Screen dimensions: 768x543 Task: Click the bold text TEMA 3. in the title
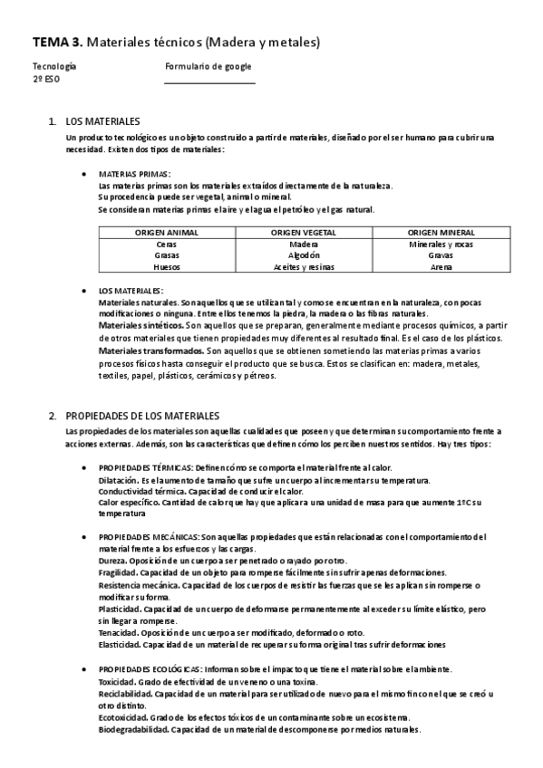click(58, 42)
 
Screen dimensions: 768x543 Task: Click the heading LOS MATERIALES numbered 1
click(103, 120)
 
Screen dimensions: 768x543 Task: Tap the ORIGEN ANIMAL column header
click(167, 233)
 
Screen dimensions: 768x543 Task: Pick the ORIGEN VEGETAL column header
click(304, 233)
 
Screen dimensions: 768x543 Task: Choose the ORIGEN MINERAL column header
click(441, 233)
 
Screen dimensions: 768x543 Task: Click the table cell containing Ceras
click(167, 245)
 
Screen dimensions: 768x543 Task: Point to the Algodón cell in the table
click(304, 255)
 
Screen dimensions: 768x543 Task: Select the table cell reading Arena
click(441, 267)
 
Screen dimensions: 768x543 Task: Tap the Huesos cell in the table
click(167, 267)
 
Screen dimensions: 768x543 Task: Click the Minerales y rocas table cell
click(441, 245)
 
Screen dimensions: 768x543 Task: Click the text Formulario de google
click(208, 66)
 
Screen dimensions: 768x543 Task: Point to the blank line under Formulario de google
click(209, 82)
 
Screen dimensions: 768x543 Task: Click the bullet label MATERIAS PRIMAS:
click(133, 174)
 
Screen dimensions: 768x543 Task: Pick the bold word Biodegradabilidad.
click(131, 729)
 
